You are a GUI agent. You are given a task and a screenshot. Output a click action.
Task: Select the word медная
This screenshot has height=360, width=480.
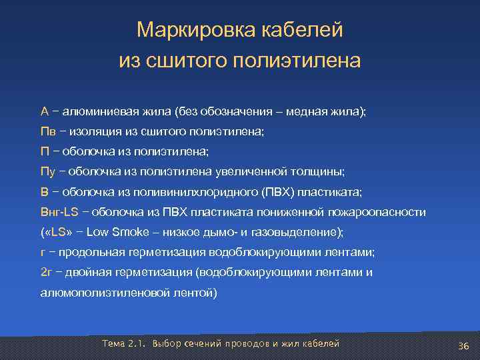pos(310,111)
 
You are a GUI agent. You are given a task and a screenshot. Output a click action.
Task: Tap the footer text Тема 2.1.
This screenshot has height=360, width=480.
pos(124,343)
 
